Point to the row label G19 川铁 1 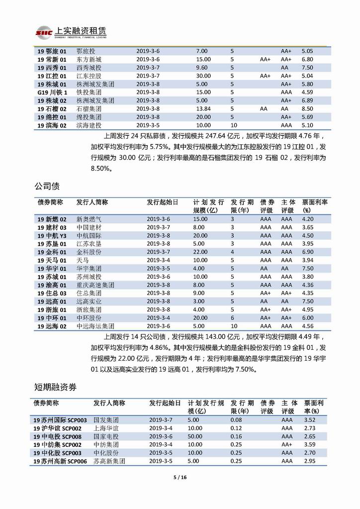tap(52, 92)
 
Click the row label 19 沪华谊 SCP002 tap(57, 428)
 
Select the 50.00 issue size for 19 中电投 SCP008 tap(195, 437)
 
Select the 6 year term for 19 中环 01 tap(232, 318)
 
